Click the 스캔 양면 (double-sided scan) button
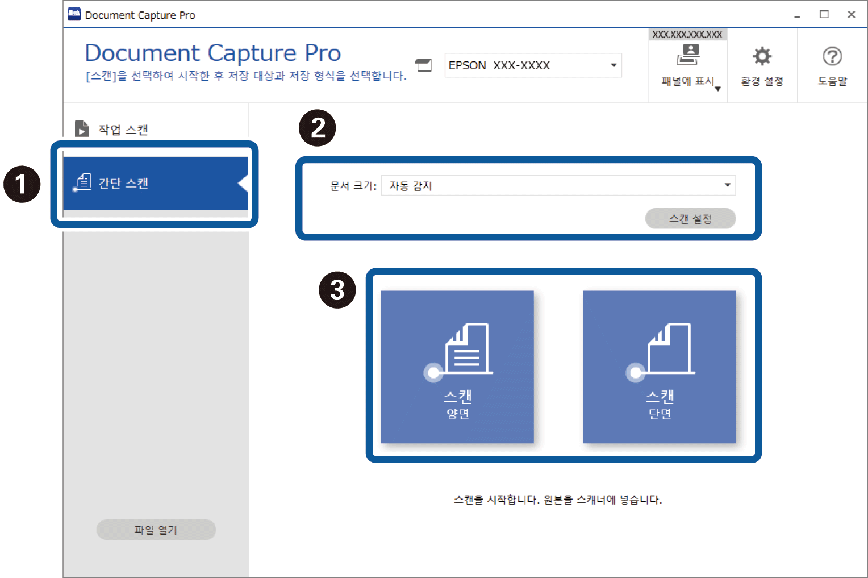pyautogui.click(x=457, y=367)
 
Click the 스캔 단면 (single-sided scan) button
pyautogui.click(x=659, y=367)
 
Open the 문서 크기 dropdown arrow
pyautogui.click(x=727, y=185)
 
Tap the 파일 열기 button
pyautogui.click(x=156, y=530)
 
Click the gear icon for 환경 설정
pyautogui.click(x=762, y=57)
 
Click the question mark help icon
pyautogui.click(x=832, y=57)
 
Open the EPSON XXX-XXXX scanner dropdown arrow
pyautogui.click(x=614, y=65)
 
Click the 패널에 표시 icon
pyautogui.click(x=688, y=55)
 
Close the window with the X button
pyautogui.click(x=851, y=15)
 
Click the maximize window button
pyautogui.click(x=824, y=14)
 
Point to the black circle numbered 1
pyautogui.click(x=22, y=184)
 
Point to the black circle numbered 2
pyautogui.click(x=317, y=128)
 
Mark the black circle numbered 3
pyautogui.click(x=337, y=290)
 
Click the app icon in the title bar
pyautogui.click(x=74, y=14)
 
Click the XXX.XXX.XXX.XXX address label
pyautogui.click(x=687, y=35)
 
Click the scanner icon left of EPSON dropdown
pyautogui.click(x=423, y=65)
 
